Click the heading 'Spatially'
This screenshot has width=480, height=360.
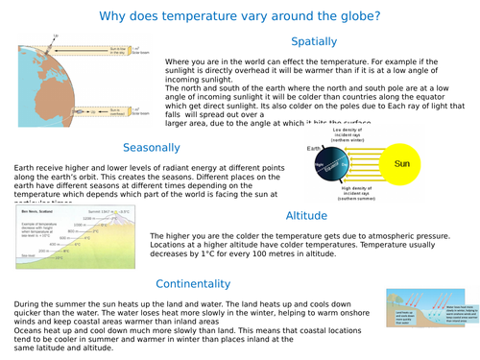314,41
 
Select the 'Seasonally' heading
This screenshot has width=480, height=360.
152,147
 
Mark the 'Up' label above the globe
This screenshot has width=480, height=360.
55,36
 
